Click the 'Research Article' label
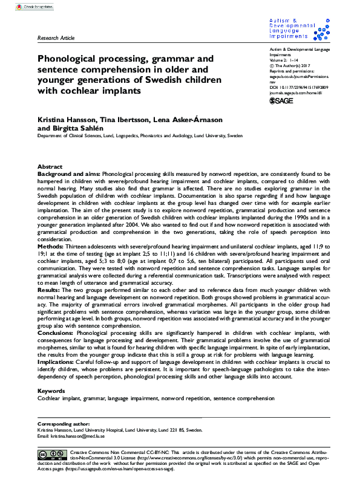(56, 38)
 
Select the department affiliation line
(140, 136)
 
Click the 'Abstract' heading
(50, 166)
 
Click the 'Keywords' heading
(51, 374)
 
